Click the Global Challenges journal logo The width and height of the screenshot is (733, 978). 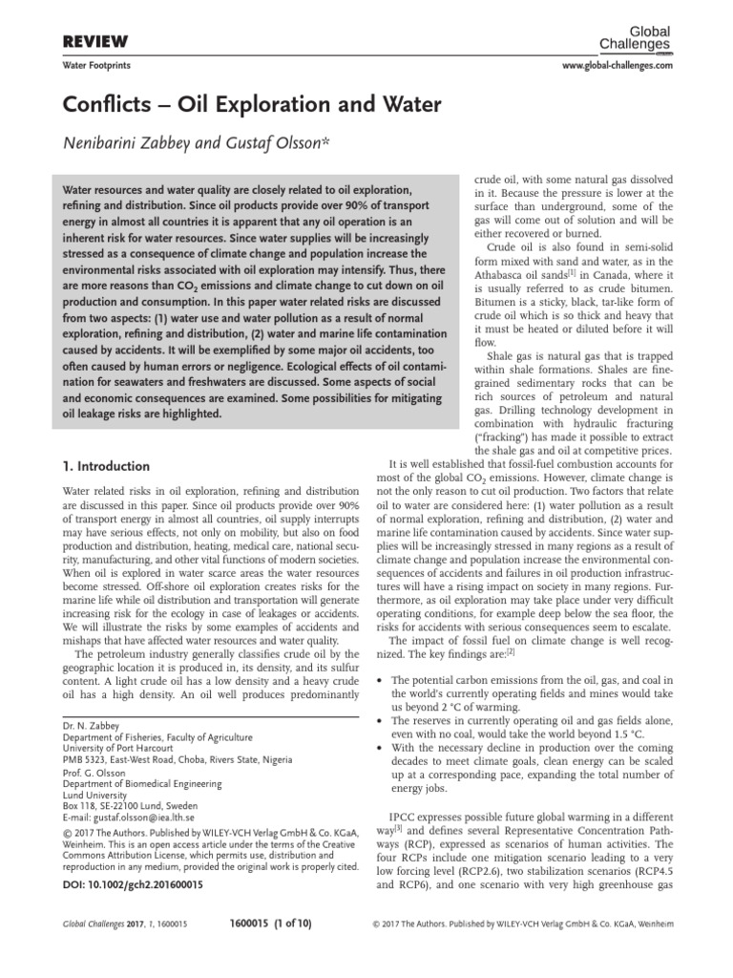[x=640, y=37]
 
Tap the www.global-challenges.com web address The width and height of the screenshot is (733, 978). [x=614, y=65]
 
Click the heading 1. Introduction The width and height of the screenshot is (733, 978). [x=105, y=467]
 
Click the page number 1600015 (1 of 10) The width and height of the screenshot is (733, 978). [x=271, y=925]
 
